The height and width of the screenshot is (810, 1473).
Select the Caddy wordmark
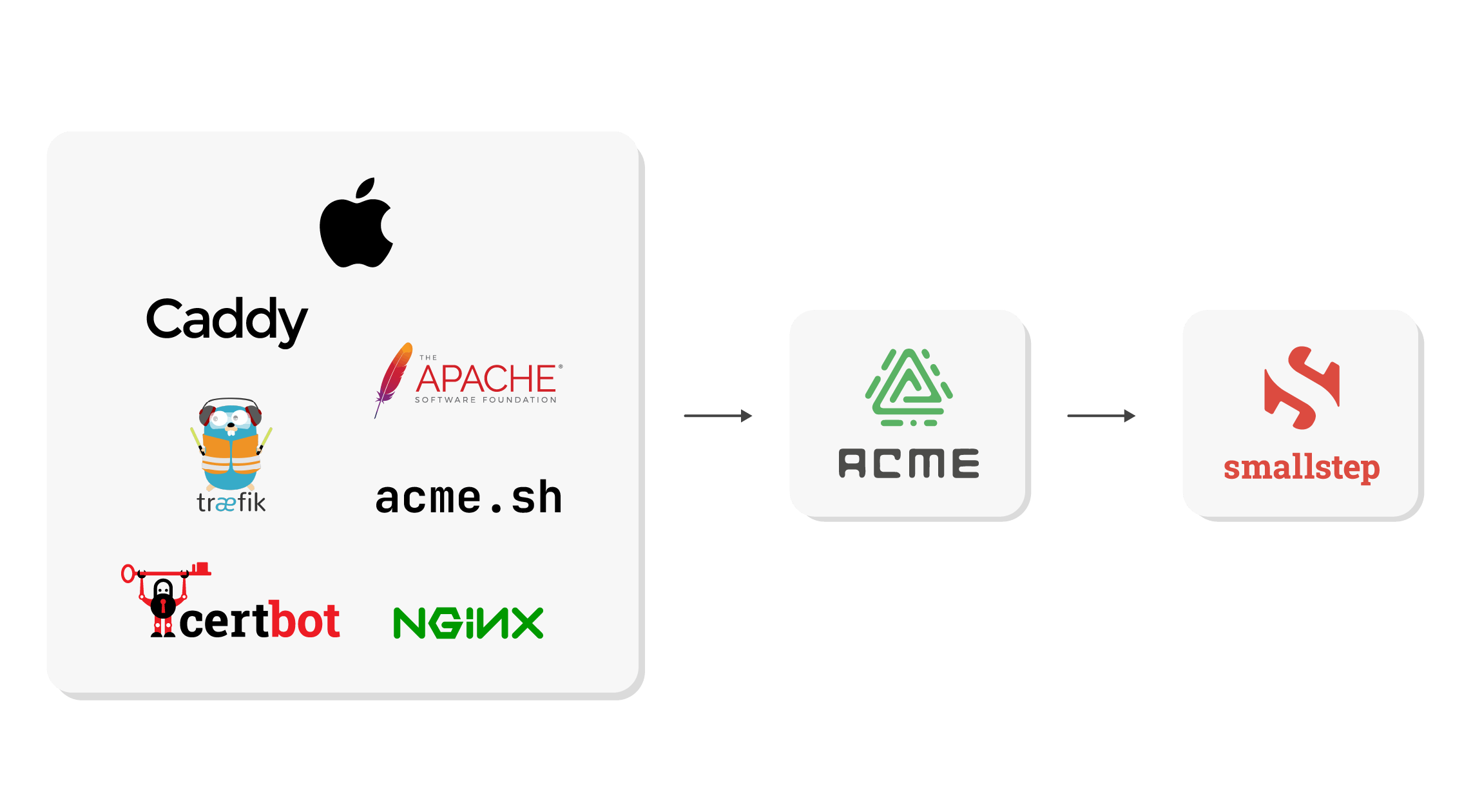(x=226, y=320)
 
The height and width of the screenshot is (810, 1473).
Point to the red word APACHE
(x=486, y=379)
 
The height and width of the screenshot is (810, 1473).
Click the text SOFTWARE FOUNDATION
(x=486, y=400)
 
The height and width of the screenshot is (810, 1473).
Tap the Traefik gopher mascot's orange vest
(x=231, y=454)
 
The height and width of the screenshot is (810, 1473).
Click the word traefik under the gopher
(x=231, y=503)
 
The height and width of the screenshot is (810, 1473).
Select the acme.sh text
(x=468, y=498)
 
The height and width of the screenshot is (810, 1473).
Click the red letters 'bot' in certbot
(x=304, y=621)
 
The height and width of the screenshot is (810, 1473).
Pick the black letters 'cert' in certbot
(x=224, y=622)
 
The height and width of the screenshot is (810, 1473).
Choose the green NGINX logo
(x=468, y=623)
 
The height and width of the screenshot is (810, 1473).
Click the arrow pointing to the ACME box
(x=717, y=416)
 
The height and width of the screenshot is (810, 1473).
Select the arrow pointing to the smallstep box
(x=1101, y=416)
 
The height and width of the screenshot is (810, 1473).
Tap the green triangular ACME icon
(x=909, y=387)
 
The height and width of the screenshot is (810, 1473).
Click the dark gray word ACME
(x=909, y=464)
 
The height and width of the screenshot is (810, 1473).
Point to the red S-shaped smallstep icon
(x=1302, y=387)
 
